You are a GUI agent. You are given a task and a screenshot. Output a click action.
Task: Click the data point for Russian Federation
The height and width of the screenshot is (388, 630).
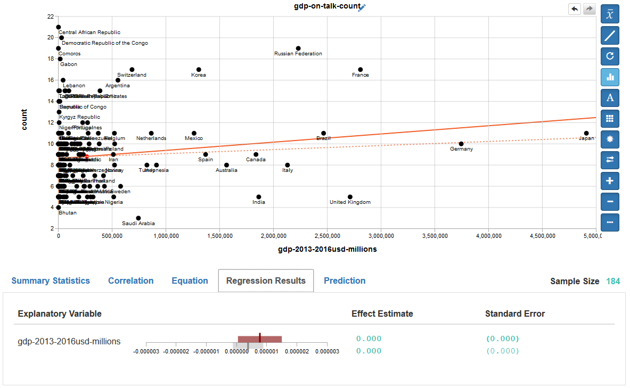[298, 48]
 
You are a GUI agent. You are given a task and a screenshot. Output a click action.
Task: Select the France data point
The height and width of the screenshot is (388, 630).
[361, 70]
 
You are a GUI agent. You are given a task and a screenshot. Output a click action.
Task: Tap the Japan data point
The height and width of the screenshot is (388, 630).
[586, 133]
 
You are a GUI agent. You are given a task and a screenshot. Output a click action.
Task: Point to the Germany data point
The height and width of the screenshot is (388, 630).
[461, 144]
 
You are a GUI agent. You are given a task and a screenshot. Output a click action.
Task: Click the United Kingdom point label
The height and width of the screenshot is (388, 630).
[350, 202]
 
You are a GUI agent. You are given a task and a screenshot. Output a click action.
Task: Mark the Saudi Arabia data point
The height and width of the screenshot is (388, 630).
[138, 218]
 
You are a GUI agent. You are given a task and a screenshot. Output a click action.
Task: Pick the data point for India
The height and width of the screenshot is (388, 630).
[259, 197]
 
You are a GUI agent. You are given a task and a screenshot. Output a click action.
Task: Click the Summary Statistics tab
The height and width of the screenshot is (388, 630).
[51, 281]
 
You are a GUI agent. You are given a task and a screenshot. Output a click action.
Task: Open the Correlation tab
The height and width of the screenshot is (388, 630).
[130, 281]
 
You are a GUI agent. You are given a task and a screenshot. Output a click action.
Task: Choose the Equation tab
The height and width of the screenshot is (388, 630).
[190, 281]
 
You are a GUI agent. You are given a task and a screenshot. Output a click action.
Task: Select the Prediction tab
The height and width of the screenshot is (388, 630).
[345, 281]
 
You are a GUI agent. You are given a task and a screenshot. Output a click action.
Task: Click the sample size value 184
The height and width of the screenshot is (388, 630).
[613, 282]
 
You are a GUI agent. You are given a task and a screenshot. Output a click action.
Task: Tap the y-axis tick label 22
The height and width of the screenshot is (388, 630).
[50, 16]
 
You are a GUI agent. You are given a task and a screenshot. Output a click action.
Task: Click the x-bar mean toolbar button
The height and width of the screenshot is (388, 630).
[610, 14]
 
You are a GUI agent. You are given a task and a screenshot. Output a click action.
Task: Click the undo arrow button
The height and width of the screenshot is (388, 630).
[575, 9]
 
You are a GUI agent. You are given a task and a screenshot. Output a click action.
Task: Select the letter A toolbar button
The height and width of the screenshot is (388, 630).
[610, 97]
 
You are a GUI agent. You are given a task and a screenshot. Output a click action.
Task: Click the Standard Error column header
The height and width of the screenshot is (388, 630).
[515, 314]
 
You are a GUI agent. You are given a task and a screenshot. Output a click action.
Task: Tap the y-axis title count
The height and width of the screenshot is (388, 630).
[24, 120]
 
